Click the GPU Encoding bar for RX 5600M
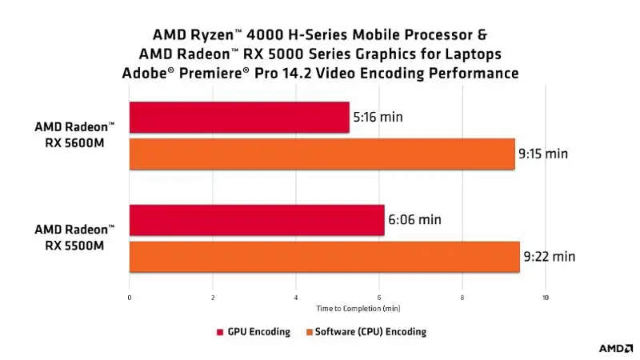coord(239,118)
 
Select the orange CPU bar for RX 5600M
coord(322,154)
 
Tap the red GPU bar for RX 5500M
coord(256,220)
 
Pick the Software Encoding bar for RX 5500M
coord(324,257)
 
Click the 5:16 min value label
coord(378,118)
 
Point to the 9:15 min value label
coord(546,154)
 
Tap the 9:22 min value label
coord(549,257)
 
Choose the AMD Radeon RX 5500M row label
coord(74,238)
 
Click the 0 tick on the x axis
coord(130,298)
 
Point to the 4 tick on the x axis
coord(296,298)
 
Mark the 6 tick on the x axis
coord(379,298)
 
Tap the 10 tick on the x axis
coord(545,298)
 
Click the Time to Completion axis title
coord(358,308)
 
